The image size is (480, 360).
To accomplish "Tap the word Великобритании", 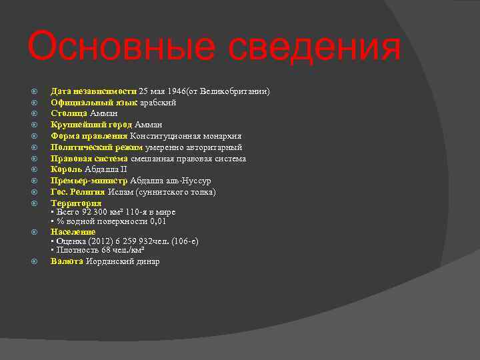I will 237,91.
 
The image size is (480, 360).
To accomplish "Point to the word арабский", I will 158,102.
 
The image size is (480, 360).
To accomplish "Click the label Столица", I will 69,113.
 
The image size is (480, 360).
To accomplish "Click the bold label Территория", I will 76,203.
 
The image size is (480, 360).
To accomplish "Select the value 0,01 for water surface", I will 159,221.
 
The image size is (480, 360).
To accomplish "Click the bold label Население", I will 73,232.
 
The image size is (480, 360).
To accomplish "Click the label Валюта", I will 67,261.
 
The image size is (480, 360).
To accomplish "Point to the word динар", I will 148,261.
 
